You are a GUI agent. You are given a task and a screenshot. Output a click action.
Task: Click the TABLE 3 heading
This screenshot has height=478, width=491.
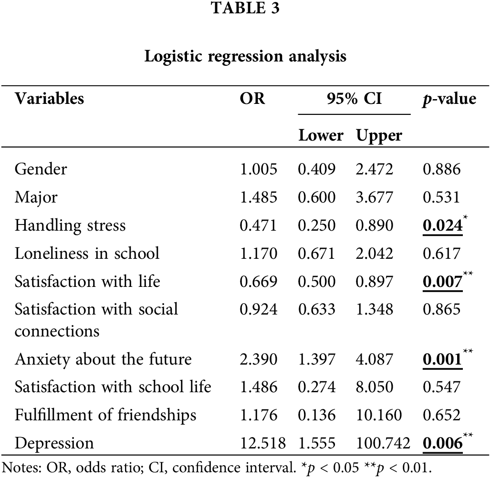pyautogui.click(x=245, y=9)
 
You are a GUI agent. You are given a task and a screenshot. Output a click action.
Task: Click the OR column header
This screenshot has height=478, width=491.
pyautogui.click(x=252, y=99)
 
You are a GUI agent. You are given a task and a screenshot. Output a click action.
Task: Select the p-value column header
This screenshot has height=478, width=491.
pyautogui.click(x=449, y=99)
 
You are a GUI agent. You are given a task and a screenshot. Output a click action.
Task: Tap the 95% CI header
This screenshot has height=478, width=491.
pyautogui.click(x=354, y=99)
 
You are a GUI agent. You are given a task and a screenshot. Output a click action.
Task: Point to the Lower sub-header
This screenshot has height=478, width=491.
pyautogui.click(x=320, y=135)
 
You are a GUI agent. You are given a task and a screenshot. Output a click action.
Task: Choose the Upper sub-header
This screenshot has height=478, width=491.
pyautogui.click(x=379, y=135)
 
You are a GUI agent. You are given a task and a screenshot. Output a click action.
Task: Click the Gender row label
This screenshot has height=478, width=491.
pyautogui.click(x=41, y=169)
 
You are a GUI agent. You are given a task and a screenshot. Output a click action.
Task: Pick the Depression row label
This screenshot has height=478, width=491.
pyautogui.click(x=54, y=443)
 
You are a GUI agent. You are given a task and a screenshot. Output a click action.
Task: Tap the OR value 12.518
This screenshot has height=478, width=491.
pyautogui.click(x=262, y=443)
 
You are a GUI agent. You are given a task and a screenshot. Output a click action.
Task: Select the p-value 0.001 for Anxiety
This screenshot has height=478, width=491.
pyautogui.click(x=442, y=359)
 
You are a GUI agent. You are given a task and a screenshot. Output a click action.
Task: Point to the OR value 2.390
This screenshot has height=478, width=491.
pyautogui.click(x=258, y=359)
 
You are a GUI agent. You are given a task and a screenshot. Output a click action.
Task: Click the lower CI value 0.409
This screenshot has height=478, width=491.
pyautogui.click(x=316, y=169)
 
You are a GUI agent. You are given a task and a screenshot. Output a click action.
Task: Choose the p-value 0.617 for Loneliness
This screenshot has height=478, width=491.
pyautogui.click(x=441, y=253)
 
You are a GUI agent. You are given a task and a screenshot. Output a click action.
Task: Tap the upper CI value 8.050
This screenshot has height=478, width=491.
pyautogui.click(x=375, y=387)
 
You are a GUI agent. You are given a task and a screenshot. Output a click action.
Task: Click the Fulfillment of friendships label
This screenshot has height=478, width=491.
pyautogui.click(x=105, y=415)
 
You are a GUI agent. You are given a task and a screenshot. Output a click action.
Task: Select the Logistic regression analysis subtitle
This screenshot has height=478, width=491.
pyautogui.click(x=245, y=56)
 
